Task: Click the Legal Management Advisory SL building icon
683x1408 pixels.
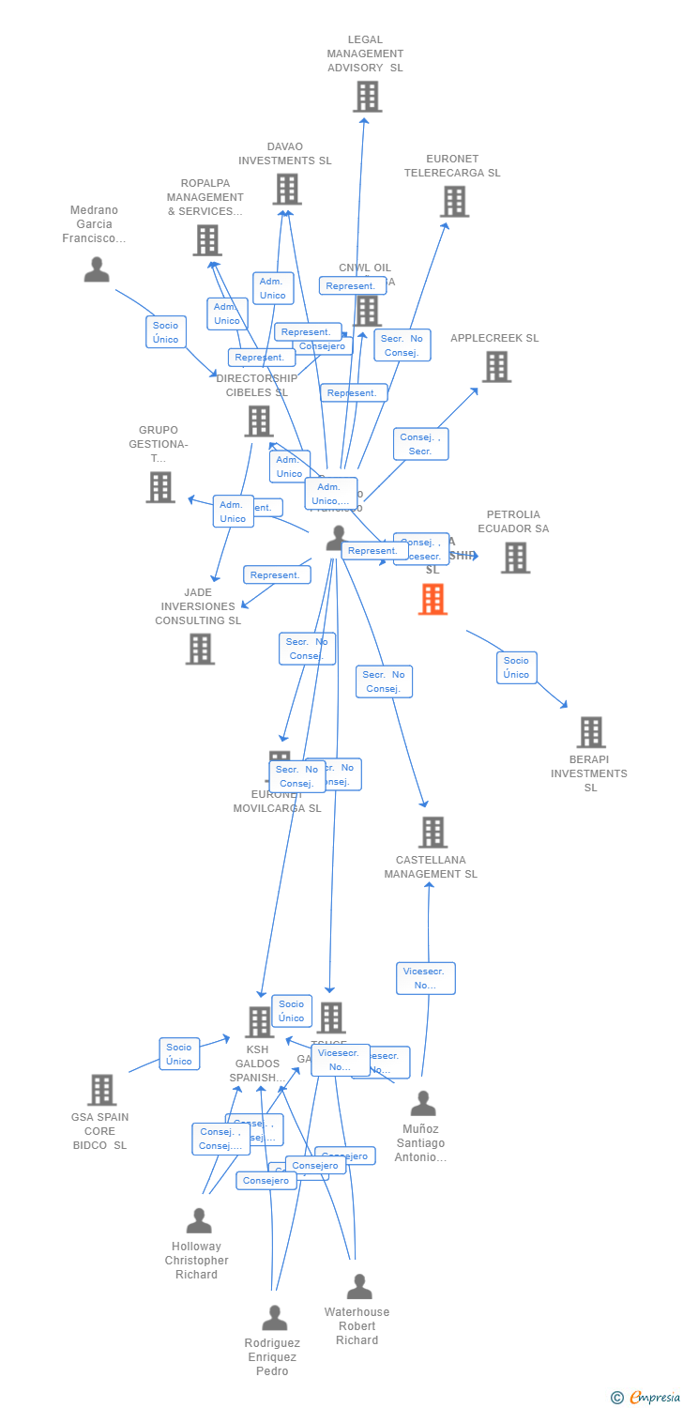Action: point(367,97)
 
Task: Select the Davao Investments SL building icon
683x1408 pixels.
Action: point(286,189)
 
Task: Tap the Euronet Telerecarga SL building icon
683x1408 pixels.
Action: point(454,201)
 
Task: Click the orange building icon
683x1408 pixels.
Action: point(433,599)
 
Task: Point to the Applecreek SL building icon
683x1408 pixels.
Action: point(496,367)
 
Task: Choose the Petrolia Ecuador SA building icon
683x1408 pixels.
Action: point(514,558)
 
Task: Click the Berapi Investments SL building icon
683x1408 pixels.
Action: point(590,732)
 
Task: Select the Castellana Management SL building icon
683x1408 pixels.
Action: point(432,832)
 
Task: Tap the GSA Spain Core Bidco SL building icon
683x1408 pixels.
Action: point(101,1090)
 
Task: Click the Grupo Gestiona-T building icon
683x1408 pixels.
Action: point(160,487)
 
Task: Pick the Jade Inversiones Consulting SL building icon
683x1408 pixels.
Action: point(199,649)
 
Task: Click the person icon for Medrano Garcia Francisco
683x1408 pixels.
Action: point(97,270)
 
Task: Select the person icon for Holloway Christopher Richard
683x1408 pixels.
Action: point(199,1221)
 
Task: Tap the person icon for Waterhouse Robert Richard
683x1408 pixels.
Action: point(359,1287)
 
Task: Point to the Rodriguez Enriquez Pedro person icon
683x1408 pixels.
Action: point(274,1318)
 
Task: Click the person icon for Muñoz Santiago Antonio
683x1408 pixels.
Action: point(423,1104)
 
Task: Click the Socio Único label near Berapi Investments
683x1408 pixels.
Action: point(516,667)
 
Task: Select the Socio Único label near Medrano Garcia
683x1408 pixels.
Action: point(166,332)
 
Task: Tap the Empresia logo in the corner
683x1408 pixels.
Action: point(654,1398)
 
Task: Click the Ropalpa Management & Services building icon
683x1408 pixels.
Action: point(206,240)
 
